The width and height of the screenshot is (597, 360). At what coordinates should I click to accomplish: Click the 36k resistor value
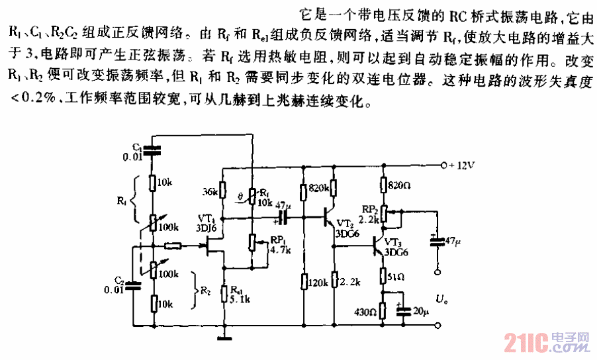pyautogui.click(x=209, y=192)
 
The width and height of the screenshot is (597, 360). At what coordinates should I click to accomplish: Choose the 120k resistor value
pyautogui.click(x=317, y=283)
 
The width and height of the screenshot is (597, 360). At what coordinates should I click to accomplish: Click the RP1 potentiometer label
pyautogui.click(x=277, y=240)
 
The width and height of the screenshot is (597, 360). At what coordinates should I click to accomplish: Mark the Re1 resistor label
pyautogui.click(x=238, y=289)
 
